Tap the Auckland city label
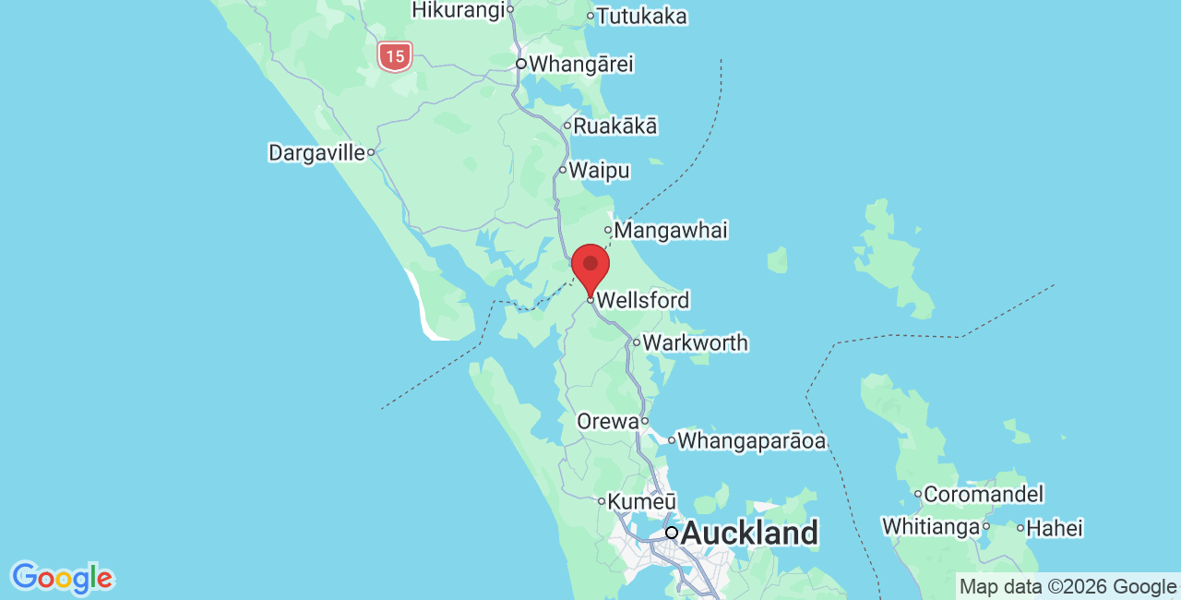coord(748,533)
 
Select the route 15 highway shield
coord(395,56)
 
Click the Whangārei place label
coord(580,65)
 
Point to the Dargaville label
coord(316,152)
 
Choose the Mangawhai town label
coord(670,230)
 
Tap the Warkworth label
coord(695,342)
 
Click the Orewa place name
coord(607,421)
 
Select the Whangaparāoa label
coord(751,440)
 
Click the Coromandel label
coord(983,494)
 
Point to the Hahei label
coord(1055,528)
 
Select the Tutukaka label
coord(641,16)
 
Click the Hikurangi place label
coord(459,9)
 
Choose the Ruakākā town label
coord(615,126)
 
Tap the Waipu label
coord(599,170)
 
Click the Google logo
coord(62,579)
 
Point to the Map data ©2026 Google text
coord(1068,586)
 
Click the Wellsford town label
coord(642,300)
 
